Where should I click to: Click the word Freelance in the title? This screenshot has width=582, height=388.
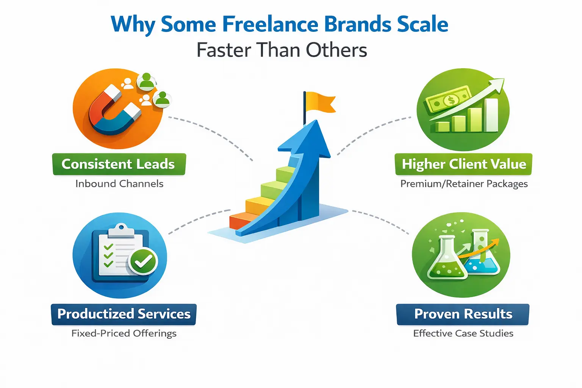tap(270, 24)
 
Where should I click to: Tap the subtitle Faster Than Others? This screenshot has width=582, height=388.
tap(282, 50)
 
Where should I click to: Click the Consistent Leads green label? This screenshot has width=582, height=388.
tap(119, 164)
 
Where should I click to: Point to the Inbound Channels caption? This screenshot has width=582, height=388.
tap(119, 184)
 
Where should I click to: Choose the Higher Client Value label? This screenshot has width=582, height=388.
tap(463, 164)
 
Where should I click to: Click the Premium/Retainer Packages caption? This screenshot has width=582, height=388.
tap(464, 184)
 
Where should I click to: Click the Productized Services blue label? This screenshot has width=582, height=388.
tap(124, 314)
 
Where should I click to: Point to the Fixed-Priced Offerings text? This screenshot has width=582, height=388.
tap(124, 333)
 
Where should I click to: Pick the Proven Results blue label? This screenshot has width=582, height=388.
tap(463, 314)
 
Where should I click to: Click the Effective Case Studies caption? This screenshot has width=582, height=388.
tap(463, 333)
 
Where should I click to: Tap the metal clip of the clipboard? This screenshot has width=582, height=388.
tap(121, 230)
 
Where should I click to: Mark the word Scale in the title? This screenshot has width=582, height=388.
tap(421, 24)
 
